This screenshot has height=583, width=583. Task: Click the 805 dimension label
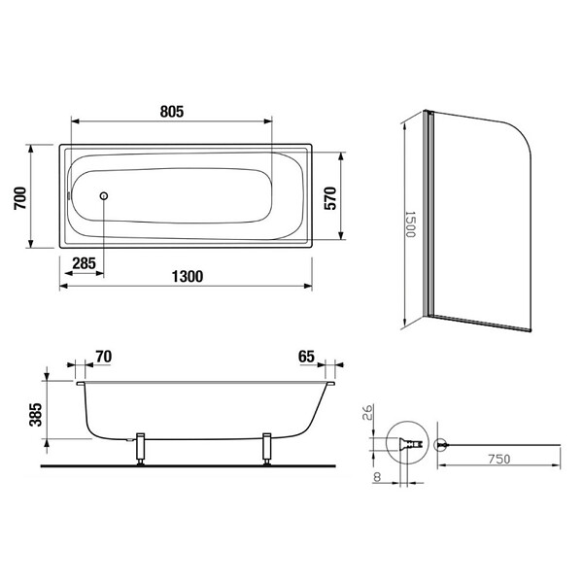click(172, 112)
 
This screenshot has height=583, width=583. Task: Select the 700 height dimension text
click(20, 198)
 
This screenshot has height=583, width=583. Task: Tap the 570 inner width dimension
click(329, 198)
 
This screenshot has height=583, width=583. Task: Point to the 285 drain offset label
click(84, 263)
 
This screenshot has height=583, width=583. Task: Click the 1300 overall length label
click(188, 276)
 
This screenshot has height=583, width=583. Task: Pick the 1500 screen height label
click(410, 224)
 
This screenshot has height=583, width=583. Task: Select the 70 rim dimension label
click(104, 357)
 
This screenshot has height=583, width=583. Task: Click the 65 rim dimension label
click(306, 357)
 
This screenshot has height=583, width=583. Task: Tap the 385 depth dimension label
click(36, 415)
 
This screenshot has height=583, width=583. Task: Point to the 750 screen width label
click(499, 460)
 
